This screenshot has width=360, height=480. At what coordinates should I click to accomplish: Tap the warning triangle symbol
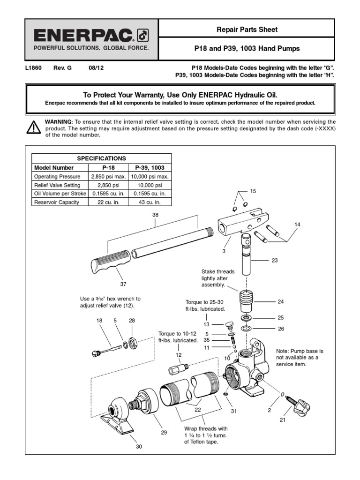33,127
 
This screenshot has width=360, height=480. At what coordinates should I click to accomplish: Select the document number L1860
33,67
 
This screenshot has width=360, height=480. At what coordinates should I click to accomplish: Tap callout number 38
156,214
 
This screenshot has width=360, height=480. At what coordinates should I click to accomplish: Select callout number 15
253,191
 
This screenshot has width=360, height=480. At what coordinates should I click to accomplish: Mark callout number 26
281,329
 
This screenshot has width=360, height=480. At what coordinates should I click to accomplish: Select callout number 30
139,447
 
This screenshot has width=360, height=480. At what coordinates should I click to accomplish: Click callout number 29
164,432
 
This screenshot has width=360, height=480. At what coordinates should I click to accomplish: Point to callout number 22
198,410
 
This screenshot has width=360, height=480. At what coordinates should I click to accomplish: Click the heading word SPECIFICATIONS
101,158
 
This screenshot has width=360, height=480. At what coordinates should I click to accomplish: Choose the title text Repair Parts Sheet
247,30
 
